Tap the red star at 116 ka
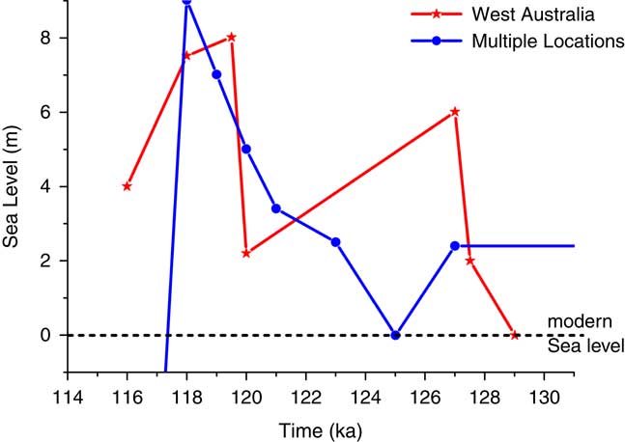pyautogui.click(x=127, y=186)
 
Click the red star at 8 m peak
pyautogui.click(x=232, y=38)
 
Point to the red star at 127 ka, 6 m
pyautogui.click(x=455, y=112)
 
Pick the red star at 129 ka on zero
pyautogui.click(x=515, y=335)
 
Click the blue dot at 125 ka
pyautogui.click(x=395, y=335)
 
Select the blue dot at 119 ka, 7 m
pyautogui.click(x=216, y=74)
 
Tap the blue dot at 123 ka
pyautogui.click(x=335, y=242)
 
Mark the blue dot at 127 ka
pyautogui.click(x=455, y=246)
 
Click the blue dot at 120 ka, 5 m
pyautogui.click(x=246, y=149)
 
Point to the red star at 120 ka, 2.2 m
pyautogui.click(x=246, y=253)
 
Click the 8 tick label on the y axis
pyautogui.click(x=44, y=38)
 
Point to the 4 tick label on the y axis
pyautogui.click(x=44, y=186)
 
